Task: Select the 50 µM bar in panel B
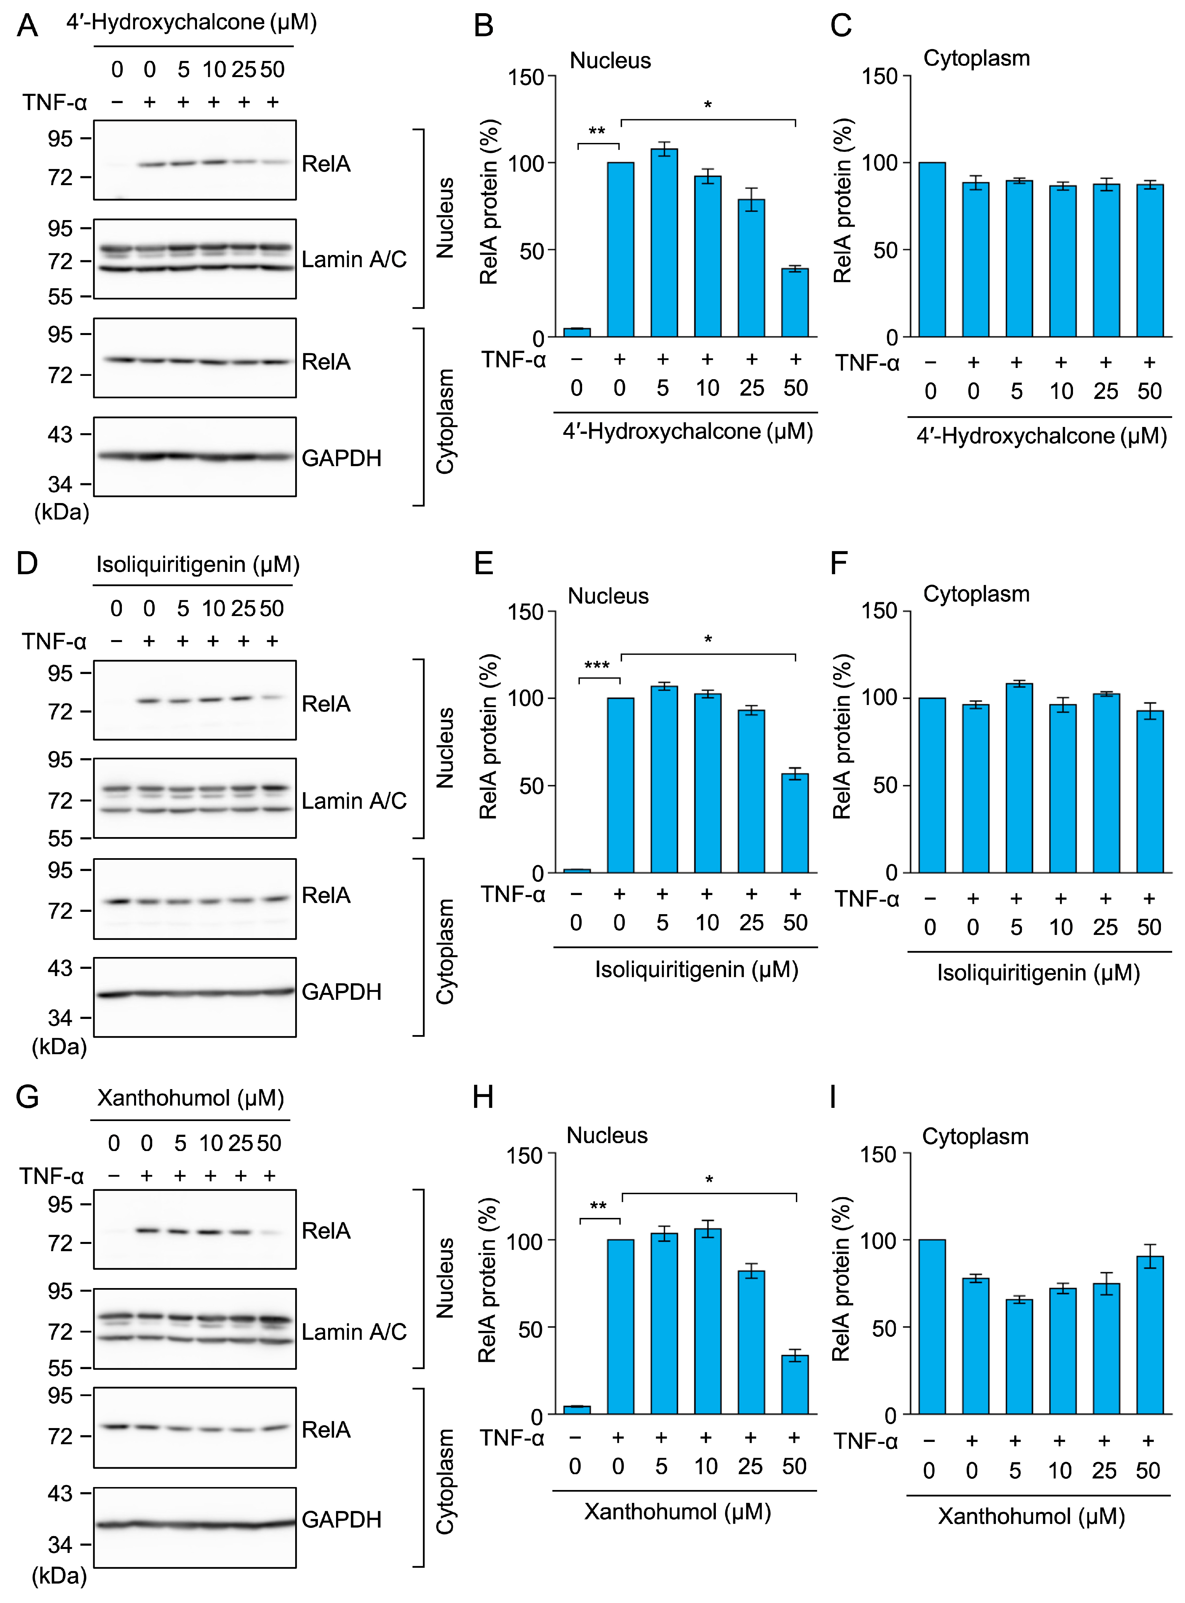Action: tap(795, 303)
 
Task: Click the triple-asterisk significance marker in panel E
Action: tap(597, 665)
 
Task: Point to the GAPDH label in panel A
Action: tap(341, 458)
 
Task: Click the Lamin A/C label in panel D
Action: tap(353, 801)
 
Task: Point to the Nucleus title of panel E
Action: tap(608, 596)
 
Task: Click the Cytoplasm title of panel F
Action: tap(976, 594)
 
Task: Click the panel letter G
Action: tap(27, 1097)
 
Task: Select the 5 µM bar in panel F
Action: tap(1019, 778)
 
